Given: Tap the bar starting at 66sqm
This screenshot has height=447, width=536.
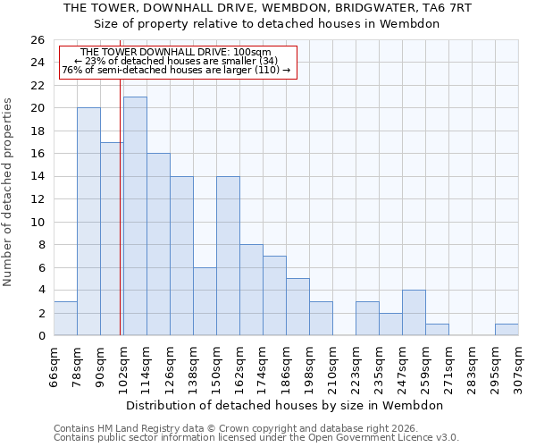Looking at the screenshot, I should (65, 318).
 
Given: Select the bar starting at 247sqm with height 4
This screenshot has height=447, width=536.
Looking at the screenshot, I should (414, 313).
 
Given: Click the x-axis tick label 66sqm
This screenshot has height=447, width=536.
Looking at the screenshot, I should (54, 365).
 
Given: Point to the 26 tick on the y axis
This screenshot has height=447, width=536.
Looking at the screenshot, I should (38, 40).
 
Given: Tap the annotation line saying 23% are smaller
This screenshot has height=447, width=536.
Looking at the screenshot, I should (176, 61).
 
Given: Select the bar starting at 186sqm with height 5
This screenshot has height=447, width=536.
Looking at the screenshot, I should (297, 307).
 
